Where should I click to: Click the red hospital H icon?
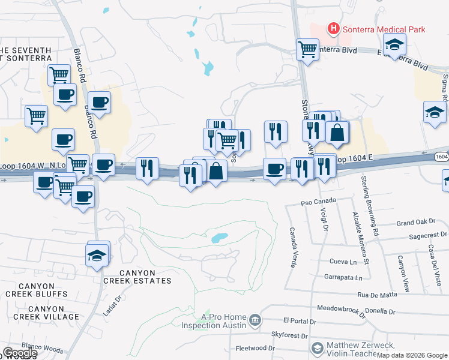pyautogui.click(x=333, y=29)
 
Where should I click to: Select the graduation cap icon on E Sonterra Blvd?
pyautogui.click(x=394, y=45)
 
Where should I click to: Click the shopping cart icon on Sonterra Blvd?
pyautogui.click(x=307, y=50)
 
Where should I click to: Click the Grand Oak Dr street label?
pyautogui.click(x=412, y=223)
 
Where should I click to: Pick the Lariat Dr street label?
pyautogui.click(x=111, y=300)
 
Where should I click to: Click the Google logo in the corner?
pyautogui.click(x=19, y=353)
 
